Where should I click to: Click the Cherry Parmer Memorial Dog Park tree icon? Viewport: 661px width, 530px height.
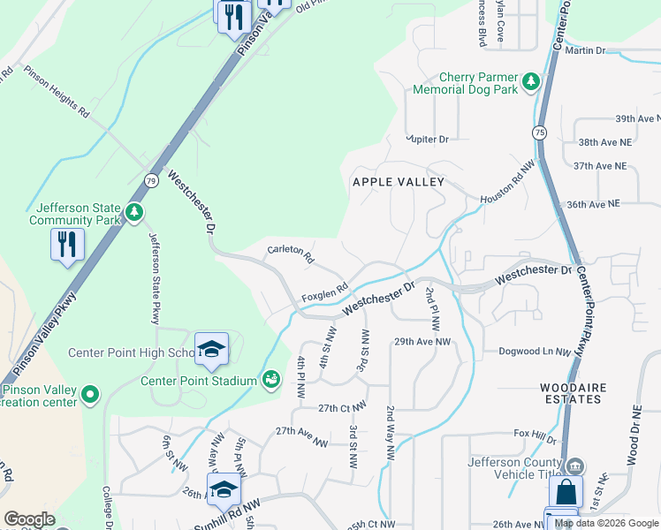530,81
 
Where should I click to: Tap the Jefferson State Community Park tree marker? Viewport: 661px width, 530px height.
133,212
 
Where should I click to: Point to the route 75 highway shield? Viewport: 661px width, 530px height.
538,132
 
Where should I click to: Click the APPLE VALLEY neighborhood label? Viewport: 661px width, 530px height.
397,182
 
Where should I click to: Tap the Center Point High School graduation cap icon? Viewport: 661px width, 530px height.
211,350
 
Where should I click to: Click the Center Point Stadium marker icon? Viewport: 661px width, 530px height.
271,380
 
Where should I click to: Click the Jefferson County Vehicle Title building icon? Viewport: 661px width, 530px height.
574,465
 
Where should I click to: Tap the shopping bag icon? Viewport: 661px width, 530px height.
566,493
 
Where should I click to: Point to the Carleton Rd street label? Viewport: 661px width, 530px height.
291,256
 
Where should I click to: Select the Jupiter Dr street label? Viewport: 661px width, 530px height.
428,140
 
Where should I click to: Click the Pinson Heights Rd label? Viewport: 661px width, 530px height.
57,92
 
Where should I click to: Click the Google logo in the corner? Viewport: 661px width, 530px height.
29,519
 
